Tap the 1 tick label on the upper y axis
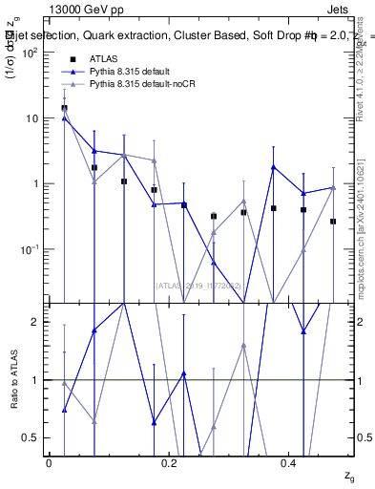pos(33,183)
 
